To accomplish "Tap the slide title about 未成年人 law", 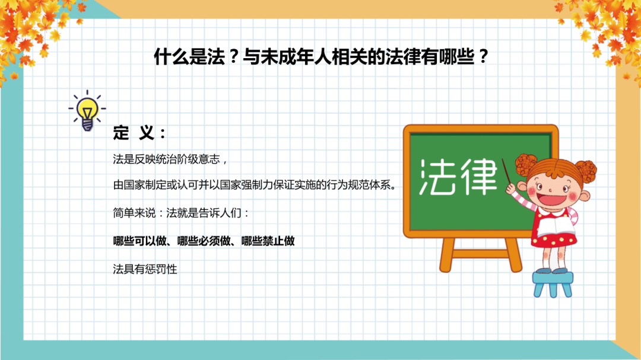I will pos(320,58).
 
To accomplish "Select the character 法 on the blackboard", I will pos(437,177).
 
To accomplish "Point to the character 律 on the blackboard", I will pos(478,177).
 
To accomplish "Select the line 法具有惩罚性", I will pos(145,269).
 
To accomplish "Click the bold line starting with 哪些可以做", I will pos(204,241).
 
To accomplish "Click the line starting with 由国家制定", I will pos(254,184).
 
